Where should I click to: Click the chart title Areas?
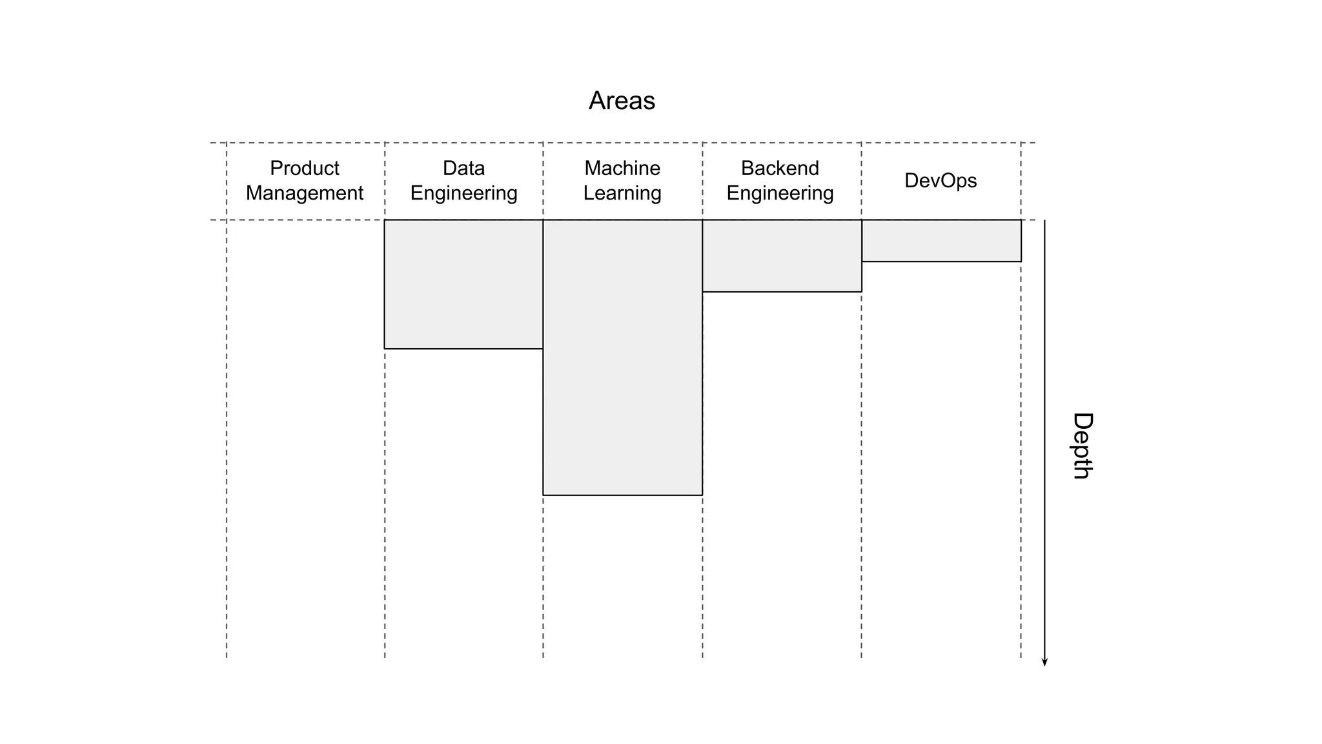[622, 101]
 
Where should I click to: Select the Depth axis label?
[1082, 446]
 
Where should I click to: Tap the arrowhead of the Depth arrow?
[1044, 662]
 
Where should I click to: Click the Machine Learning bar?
[622, 357]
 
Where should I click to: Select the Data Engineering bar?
[463, 284]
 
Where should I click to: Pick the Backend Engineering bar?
[782, 256]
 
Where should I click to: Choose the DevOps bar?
[941, 241]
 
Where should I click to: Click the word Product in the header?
[304, 168]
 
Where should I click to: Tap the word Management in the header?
[304, 193]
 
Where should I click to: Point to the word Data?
[463, 168]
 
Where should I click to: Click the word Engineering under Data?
[463, 193]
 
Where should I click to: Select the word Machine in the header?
[622, 168]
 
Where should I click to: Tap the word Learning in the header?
[622, 193]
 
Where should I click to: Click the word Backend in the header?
[780, 168]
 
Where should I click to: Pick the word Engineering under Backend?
[780, 193]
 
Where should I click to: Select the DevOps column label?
[941, 180]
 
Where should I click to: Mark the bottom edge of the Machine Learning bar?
[622, 495]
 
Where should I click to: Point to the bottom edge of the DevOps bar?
[941, 262]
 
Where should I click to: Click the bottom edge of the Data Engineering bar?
[463, 349]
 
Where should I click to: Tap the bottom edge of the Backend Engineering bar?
[782, 292]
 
